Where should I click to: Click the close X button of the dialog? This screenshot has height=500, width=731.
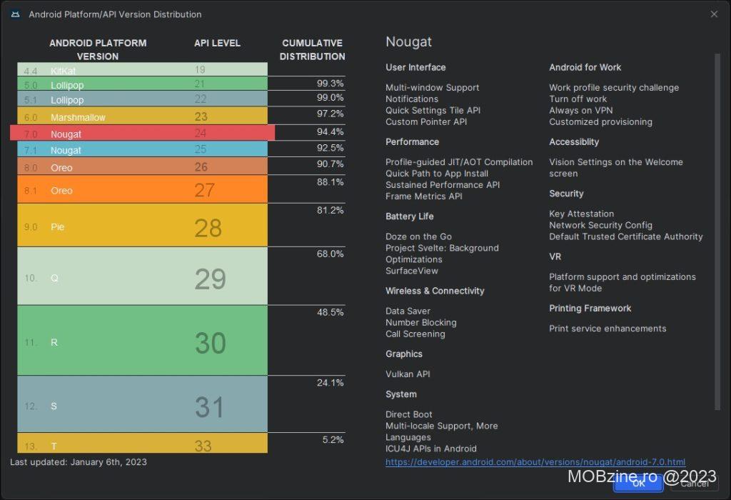714,14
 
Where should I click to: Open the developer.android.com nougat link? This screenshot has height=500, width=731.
535,462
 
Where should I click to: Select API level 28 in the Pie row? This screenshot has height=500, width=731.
208,228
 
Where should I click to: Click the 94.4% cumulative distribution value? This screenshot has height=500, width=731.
330,132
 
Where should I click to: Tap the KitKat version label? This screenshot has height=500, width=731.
63,71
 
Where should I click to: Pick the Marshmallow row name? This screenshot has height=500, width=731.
78,117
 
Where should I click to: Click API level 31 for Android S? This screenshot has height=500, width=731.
209,407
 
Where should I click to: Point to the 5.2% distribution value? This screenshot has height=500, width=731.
333,440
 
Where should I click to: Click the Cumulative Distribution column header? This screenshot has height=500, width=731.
312,49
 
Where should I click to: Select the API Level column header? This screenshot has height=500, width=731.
217,43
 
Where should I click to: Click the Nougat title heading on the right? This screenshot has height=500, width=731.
408,41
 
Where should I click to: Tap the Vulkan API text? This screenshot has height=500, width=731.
408,374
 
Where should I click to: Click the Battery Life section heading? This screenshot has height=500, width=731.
409,216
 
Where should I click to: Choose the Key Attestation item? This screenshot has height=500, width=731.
581,214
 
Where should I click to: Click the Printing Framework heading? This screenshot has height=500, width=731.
590,309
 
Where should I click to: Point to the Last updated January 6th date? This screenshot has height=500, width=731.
79,462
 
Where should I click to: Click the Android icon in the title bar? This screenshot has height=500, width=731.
14,14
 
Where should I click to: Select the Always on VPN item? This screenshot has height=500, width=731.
580,111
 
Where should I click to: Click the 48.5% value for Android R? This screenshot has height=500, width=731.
330,313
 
